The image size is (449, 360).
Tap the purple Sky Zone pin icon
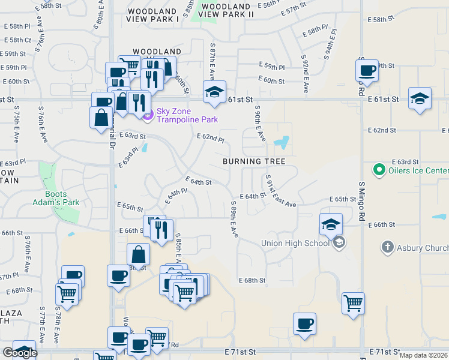[x=148, y=112]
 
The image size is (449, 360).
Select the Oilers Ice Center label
[x=417, y=171]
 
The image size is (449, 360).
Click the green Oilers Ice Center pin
[x=378, y=171]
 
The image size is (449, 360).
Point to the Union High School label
[x=295, y=243]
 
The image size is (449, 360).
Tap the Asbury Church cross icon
[x=388, y=247]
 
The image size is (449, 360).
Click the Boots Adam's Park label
[x=62, y=198]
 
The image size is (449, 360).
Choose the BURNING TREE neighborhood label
[x=254, y=161]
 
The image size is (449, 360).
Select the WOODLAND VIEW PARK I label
[x=154, y=15]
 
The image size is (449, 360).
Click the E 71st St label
[x=241, y=351]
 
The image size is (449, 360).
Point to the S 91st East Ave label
[x=280, y=193]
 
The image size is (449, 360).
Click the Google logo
[x=20, y=353]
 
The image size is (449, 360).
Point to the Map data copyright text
[x=424, y=355]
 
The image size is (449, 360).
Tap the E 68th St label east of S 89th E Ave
[x=252, y=280]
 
